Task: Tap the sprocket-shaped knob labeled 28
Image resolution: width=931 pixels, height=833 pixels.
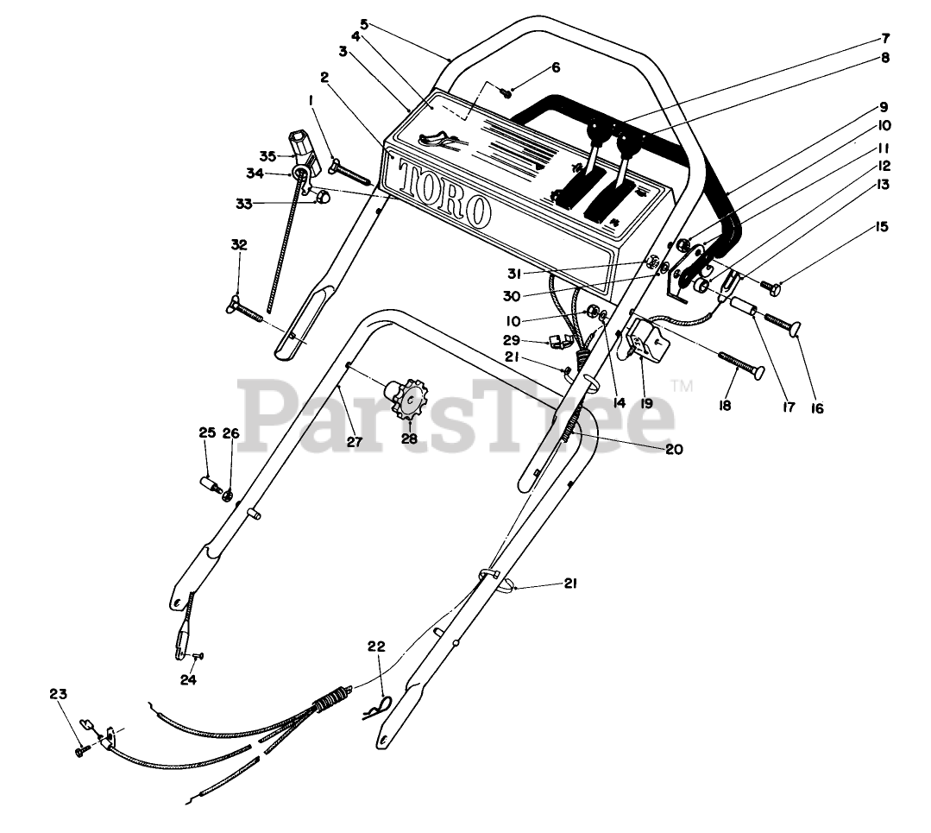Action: point(409,399)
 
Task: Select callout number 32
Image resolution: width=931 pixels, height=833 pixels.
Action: point(239,245)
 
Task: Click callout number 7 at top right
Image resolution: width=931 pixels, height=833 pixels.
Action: point(885,39)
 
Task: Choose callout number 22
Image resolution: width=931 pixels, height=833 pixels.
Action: point(376,647)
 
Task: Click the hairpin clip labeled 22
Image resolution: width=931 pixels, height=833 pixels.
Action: point(378,708)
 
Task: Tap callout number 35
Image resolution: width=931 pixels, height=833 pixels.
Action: point(267,156)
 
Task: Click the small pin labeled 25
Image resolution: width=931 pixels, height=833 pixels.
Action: point(210,484)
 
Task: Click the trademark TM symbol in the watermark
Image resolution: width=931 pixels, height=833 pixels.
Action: point(682,385)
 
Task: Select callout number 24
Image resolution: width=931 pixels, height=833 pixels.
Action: point(188,680)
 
